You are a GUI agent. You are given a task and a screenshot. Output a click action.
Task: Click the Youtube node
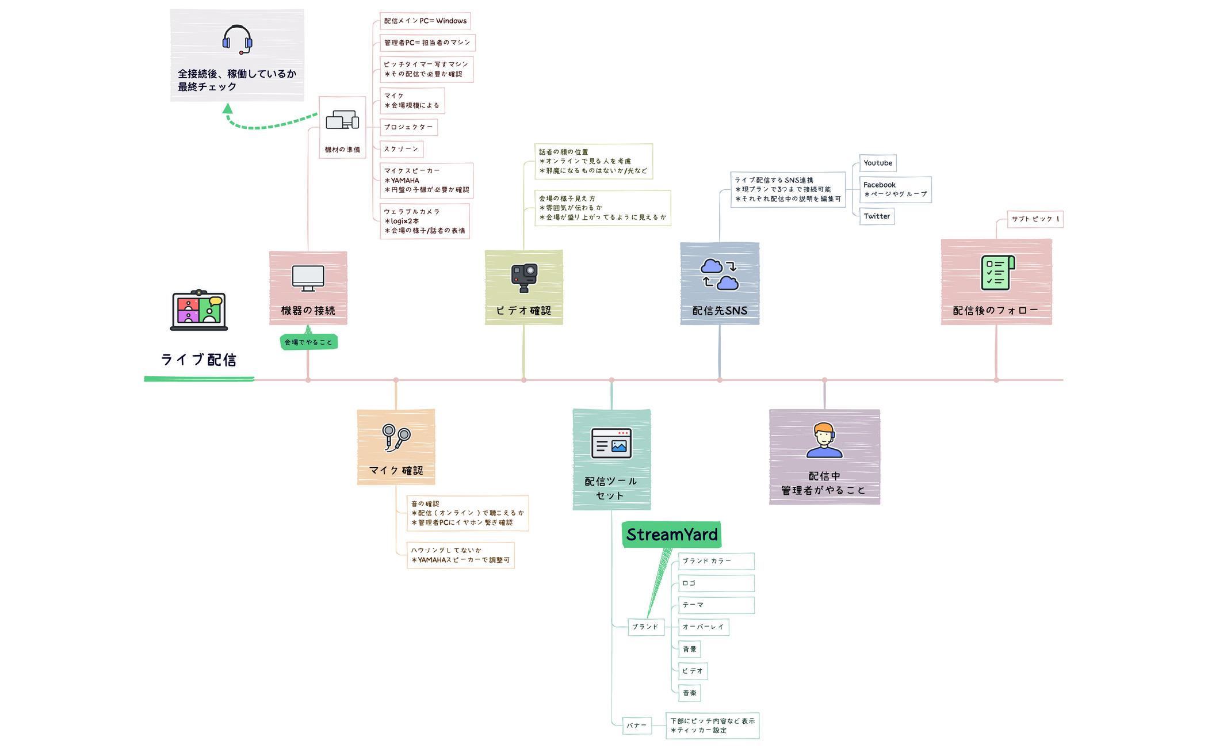pos(878,163)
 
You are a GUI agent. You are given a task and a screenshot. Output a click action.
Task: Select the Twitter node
pos(877,216)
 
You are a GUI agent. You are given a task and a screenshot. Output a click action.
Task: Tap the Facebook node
pos(895,189)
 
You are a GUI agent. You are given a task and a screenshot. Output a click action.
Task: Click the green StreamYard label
pos(672,535)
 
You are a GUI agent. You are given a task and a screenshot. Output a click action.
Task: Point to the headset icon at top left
pos(237,39)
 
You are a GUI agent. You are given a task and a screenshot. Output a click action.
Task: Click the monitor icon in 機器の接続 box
pos(308,278)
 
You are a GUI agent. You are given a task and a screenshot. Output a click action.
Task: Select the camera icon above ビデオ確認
pos(524,277)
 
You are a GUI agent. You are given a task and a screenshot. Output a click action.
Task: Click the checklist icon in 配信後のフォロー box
pos(997,273)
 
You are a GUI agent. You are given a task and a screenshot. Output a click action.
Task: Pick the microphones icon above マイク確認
pos(396,437)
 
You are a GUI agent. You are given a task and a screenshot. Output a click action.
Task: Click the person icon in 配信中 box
pos(824,440)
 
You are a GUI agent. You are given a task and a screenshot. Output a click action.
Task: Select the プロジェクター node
pos(408,127)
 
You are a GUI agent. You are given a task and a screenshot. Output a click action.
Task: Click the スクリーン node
pos(402,149)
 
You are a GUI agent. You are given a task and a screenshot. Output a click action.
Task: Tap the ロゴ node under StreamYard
pos(716,583)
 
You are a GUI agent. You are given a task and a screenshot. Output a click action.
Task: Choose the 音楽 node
pos(690,693)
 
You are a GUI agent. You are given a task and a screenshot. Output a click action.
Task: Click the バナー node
pos(637,726)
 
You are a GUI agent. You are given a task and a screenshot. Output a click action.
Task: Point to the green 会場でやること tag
pos(308,342)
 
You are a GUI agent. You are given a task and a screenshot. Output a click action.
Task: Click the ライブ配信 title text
pos(198,360)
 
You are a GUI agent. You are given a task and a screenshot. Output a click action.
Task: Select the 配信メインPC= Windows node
pos(425,21)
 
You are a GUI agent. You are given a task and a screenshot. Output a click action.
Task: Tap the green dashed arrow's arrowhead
pos(228,108)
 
